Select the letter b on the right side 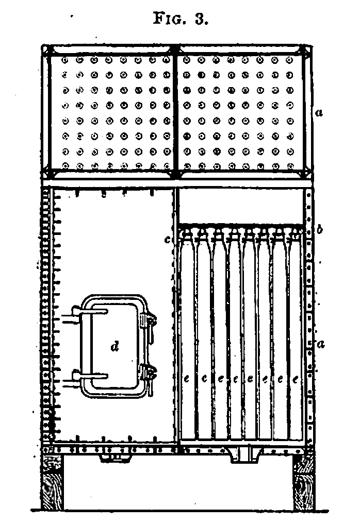pyautogui.click(x=320, y=230)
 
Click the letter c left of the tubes pyautogui.click(x=168, y=240)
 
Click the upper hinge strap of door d pyautogui.click(x=90, y=311)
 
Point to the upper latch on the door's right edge pyautogui.click(x=149, y=324)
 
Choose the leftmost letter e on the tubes pyautogui.click(x=187, y=380)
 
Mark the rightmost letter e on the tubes pyautogui.click(x=295, y=380)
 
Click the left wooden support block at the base pyautogui.click(x=52, y=482)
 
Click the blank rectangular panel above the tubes pyautogui.click(x=240, y=205)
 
